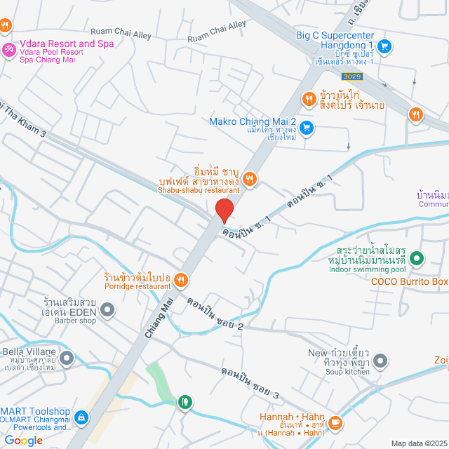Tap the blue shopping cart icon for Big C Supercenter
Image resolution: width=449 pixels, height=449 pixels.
point(384,46)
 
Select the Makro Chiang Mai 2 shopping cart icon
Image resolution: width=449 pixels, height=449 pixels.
point(306,128)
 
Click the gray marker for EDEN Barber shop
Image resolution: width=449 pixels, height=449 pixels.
point(107,309)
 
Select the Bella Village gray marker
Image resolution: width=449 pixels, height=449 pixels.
point(67,358)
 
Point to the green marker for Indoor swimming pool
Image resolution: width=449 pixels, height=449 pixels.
point(416,259)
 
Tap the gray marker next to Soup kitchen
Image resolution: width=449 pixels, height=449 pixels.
point(380,361)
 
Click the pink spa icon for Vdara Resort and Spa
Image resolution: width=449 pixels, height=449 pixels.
point(9,49)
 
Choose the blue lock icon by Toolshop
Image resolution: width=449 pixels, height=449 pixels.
point(81,418)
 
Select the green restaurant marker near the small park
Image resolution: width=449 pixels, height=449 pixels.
point(185,401)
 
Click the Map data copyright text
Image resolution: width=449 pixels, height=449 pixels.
point(419,443)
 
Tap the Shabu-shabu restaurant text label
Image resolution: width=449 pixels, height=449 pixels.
point(199,189)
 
